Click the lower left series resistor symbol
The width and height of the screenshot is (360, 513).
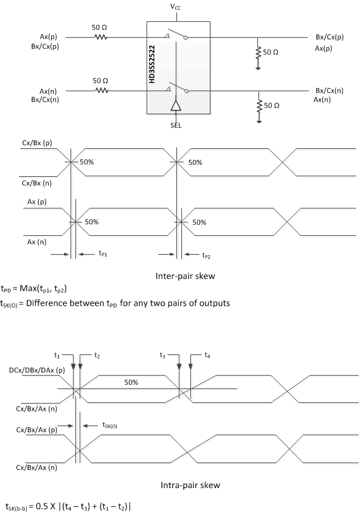click(x=100, y=91)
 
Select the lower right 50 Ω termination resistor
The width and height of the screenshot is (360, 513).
click(x=259, y=106)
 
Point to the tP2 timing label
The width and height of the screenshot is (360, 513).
click(x=208, y=255)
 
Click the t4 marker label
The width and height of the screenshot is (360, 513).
click(x=207, y=355)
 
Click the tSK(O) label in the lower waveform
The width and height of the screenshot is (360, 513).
click(x=109, y=425)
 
